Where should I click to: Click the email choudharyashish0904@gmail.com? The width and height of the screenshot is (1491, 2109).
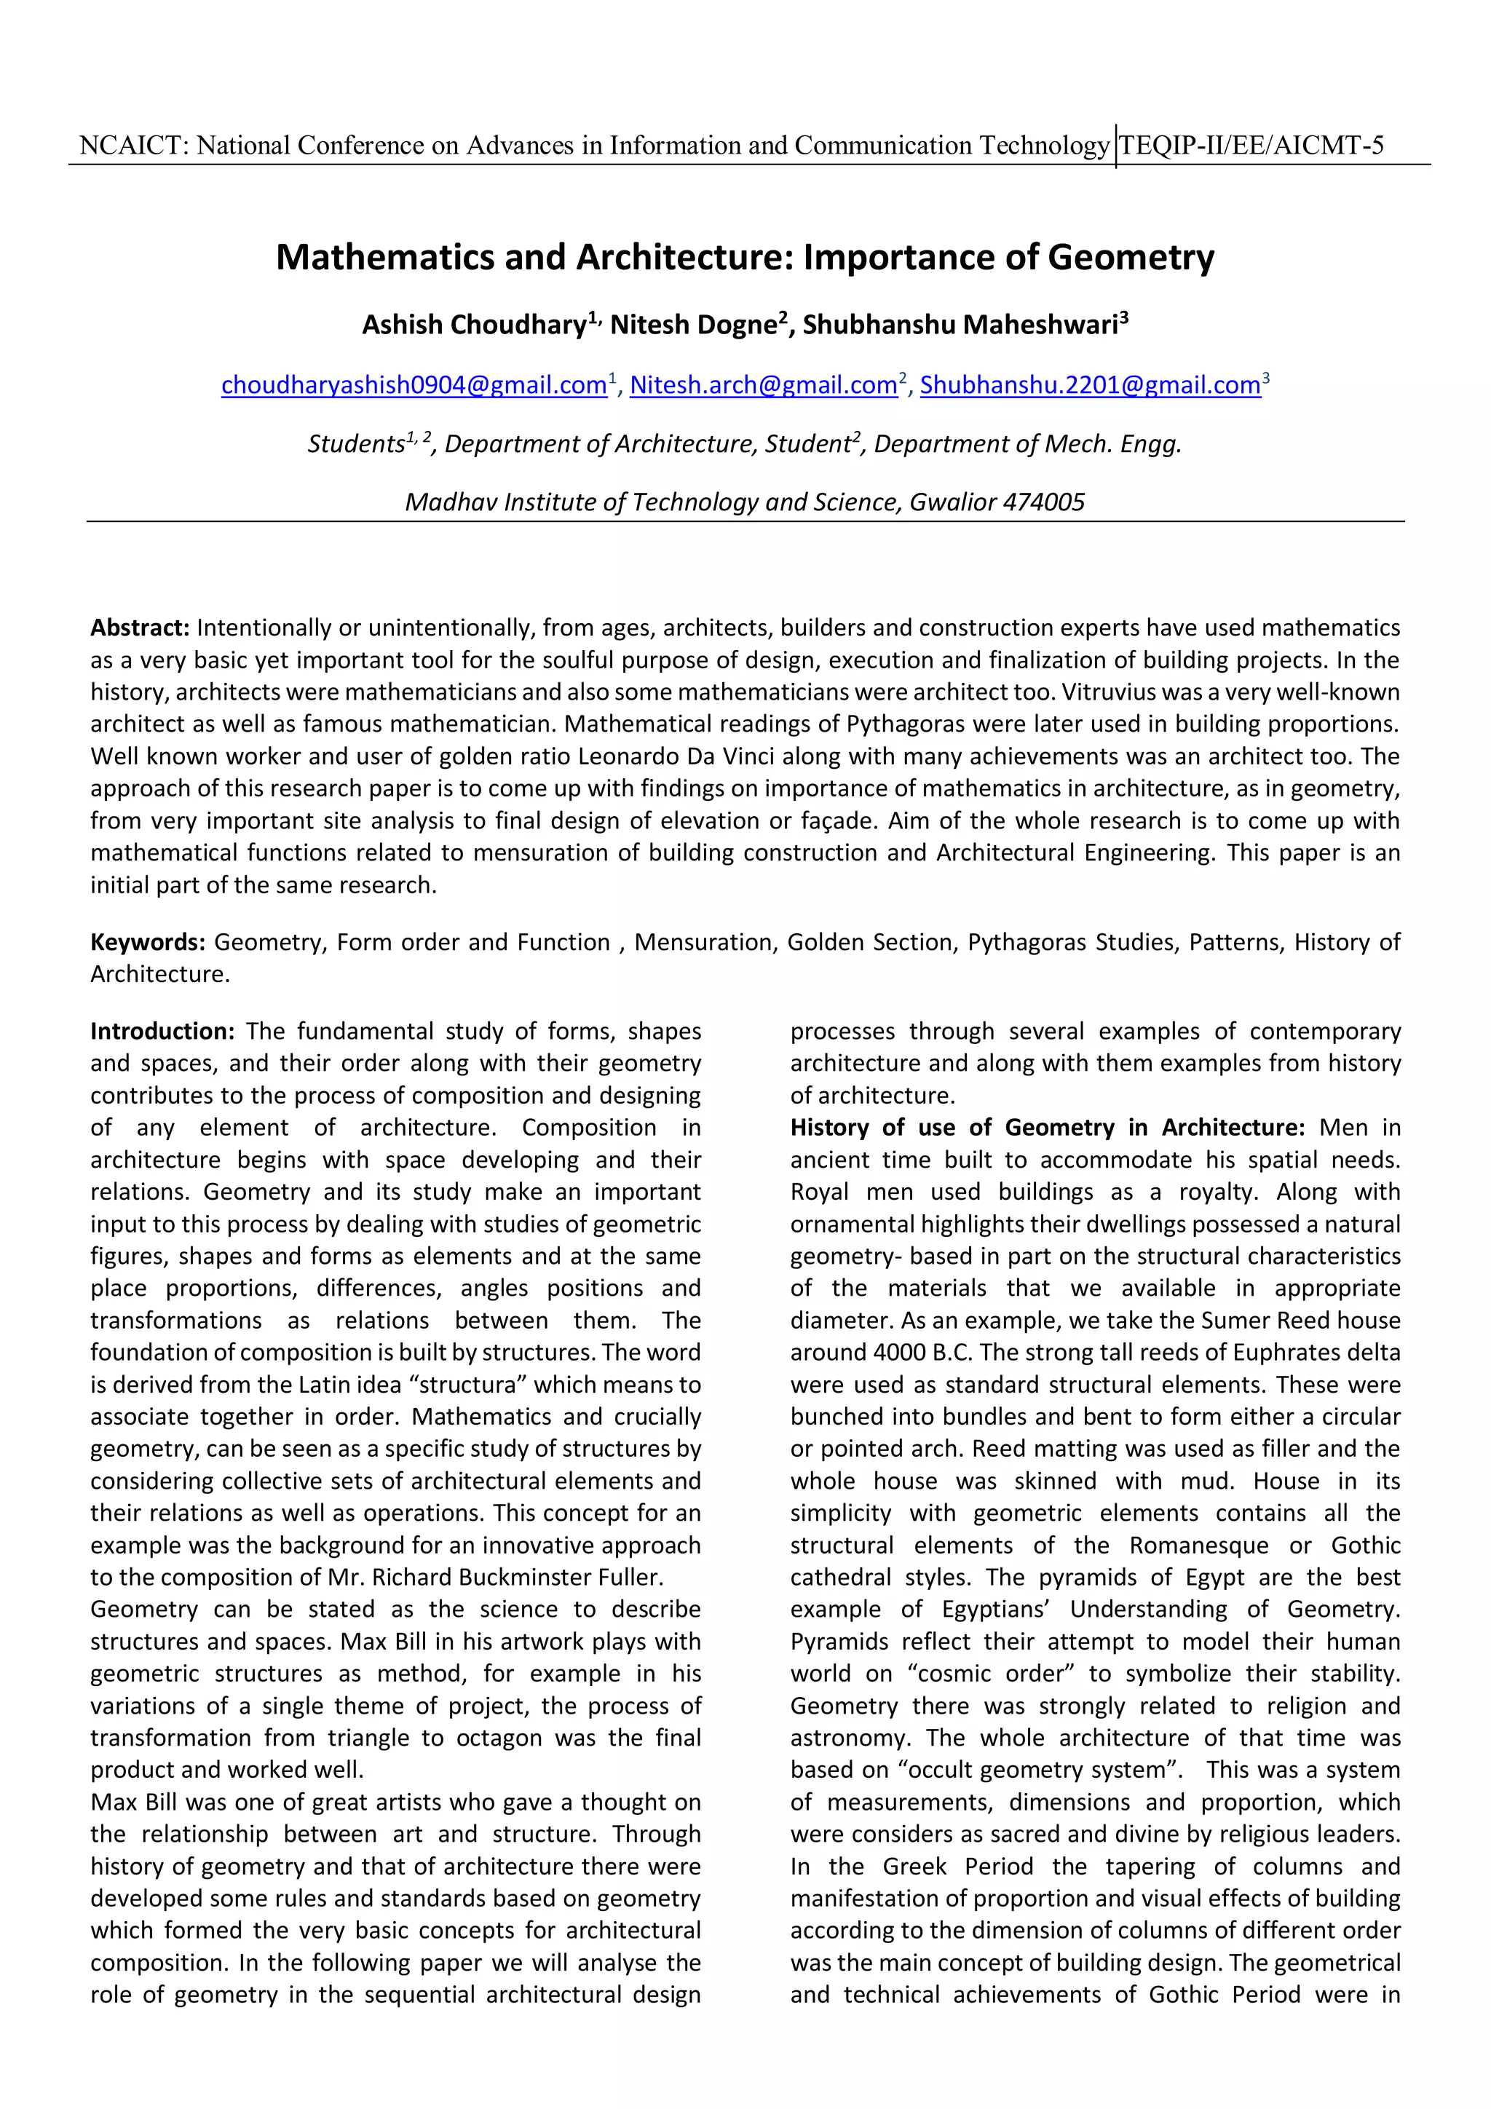tap(414, 385)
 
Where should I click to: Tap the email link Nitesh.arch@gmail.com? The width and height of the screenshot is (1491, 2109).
tap(762, 385)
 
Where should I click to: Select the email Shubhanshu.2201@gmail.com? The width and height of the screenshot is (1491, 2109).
tap(1090, 385)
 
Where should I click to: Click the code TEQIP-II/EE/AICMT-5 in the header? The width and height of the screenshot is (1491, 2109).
tap(1251, 145)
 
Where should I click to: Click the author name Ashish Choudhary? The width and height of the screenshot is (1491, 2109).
tap(473, 325)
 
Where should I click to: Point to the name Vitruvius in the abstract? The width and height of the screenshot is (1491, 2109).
tap(1249, 692)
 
